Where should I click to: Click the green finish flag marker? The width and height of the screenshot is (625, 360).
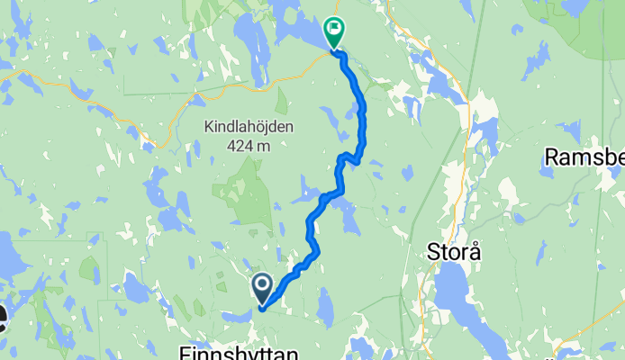tap(333, 31)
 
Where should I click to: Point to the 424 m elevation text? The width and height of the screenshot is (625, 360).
tap(248, 146)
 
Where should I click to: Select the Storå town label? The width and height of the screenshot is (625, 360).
tap(452, 252)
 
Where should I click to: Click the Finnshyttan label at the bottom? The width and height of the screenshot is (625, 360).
tap(238, 351)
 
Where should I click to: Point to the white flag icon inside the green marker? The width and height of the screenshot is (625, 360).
tap(334, 29)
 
